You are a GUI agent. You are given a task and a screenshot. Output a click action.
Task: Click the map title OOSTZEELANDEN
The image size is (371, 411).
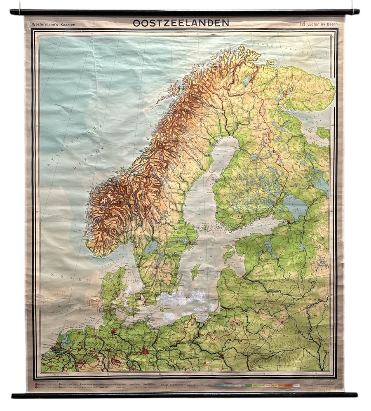click(181, 23)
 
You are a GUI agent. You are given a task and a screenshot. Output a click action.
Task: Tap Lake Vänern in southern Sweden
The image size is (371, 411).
click(151, 247)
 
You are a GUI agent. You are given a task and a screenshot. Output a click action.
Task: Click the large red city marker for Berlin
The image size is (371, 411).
click(144, 352)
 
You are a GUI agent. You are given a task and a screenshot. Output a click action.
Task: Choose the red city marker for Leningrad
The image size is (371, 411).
click(289, 222)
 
